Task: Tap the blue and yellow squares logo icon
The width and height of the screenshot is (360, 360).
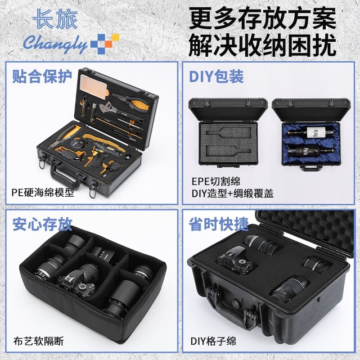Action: click(104, 43)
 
